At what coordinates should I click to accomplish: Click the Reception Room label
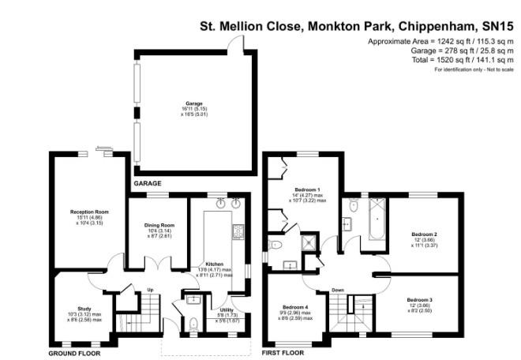point(88,212)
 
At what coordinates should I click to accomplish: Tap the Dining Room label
point(159,225)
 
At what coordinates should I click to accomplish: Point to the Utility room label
point(227,310)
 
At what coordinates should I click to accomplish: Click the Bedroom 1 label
point(307,189)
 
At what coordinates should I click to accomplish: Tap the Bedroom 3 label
point(420,300)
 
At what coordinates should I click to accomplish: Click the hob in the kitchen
point(237,231)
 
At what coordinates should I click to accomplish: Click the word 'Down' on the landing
point(338,289)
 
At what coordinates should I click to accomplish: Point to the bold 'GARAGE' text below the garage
point(147,183)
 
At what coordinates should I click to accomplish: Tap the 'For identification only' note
point(470,69)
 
